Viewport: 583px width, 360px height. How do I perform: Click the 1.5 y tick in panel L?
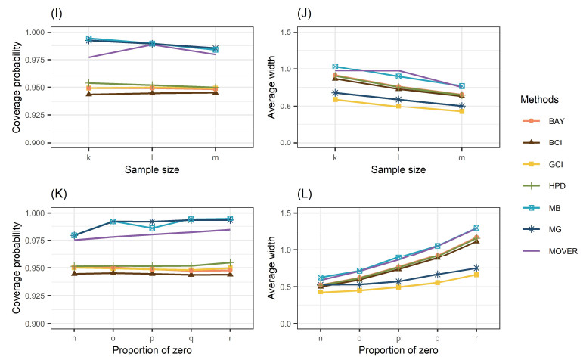coord(319,213)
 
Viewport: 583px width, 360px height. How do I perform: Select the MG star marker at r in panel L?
coord(476,268)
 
